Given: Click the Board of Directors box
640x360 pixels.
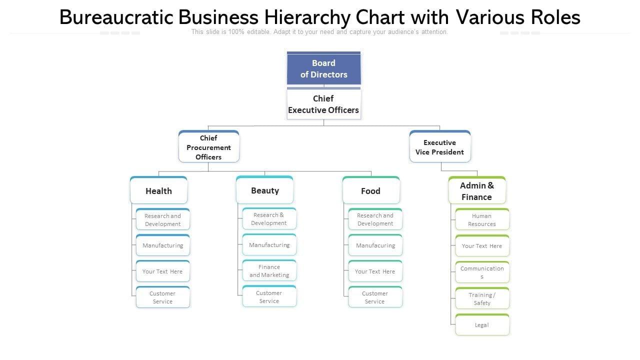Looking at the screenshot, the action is (323, 69).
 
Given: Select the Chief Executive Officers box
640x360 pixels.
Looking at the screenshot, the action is (323, 104).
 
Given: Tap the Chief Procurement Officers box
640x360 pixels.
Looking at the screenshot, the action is (208, 147).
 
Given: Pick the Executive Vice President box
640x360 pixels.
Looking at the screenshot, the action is (439, 147).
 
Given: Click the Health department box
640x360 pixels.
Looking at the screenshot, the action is (158, 191).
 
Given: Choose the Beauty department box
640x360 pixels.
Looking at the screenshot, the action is (265, 190).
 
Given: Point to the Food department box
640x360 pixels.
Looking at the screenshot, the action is (370, 191).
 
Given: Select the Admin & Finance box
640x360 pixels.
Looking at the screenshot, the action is (476, 191).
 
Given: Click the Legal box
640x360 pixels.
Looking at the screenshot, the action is (482, 325).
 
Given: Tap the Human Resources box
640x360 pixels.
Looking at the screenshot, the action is (482, 220).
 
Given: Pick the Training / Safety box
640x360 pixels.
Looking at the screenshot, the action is (482, 299).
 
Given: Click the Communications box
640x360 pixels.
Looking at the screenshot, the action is (482, 272).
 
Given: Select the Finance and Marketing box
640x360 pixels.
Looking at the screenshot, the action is (269, 271).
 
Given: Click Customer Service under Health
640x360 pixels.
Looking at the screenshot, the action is (162, 297).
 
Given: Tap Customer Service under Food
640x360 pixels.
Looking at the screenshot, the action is (375, 297).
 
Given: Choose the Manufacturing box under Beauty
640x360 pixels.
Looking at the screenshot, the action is (269, 245).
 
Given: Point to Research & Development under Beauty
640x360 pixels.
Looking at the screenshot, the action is (269, 219).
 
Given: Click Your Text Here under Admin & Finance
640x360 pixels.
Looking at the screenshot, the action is (482, 246).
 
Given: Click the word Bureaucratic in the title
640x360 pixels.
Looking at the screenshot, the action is (116, 17).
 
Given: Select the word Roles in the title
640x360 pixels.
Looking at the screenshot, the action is (556, 17).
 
